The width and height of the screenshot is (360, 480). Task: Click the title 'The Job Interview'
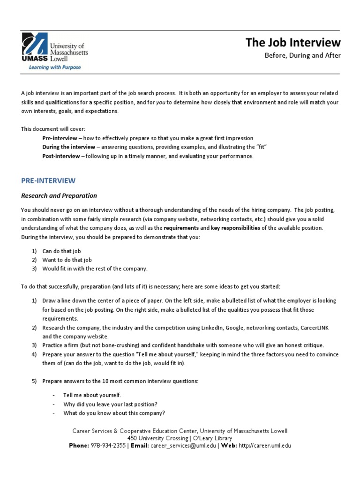293,43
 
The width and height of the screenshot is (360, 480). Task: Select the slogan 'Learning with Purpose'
55,67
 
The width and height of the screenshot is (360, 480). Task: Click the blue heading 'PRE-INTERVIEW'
48,180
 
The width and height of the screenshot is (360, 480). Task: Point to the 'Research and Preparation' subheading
59,195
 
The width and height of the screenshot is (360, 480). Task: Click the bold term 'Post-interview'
61,156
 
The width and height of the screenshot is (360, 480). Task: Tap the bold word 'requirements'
181,228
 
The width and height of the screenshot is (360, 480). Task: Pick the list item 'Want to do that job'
67,260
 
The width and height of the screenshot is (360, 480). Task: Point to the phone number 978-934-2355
108,446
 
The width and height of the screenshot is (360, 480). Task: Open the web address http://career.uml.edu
265,446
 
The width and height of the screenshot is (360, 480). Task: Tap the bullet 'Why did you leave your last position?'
110,404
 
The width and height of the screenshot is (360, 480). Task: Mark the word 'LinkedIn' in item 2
201,328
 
